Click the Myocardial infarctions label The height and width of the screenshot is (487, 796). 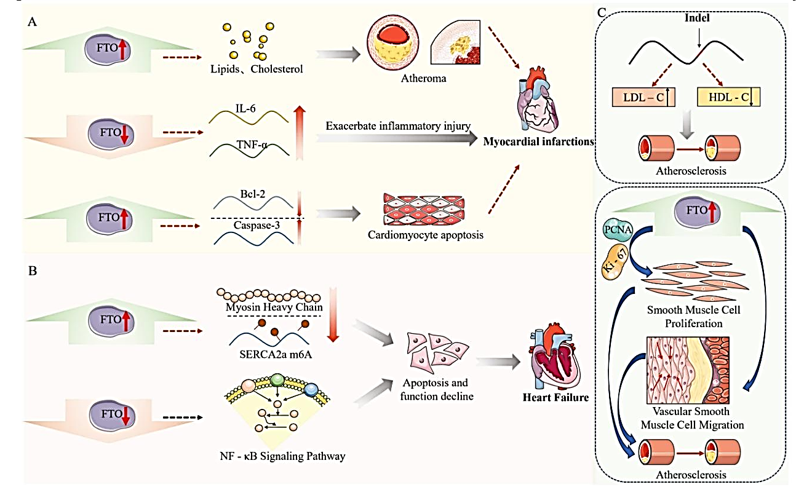[538, 141]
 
